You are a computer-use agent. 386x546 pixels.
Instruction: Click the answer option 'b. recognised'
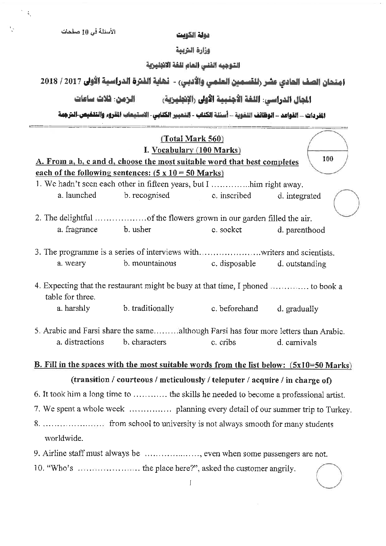pyautogui.click(x=147, y=196)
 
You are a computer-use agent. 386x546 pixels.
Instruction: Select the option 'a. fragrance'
pyautogui.click(x=77, y=229)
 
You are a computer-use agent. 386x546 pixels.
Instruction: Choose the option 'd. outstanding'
pyautogui.click(x=302, y=264)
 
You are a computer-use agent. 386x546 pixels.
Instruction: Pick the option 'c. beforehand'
pyautogui.click(x=234, y=308)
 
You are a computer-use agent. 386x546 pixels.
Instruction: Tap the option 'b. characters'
pyautogui.click(x=144, y=342)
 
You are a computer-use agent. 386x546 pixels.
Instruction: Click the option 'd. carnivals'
pyautogui.click(x=297, y=342)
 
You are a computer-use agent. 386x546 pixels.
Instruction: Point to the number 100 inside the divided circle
pyautogui.click(x=328, y=159)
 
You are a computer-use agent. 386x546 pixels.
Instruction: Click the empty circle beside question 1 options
pyautogui.click(x=346, y=203)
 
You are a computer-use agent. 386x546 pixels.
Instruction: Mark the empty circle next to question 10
pyautogui.click(x=329, y=476)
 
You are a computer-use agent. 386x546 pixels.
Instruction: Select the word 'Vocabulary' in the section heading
pyautogui.click(x=172, y=150)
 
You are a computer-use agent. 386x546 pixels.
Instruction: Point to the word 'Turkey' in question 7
pyautogui.click(x=340, y=409)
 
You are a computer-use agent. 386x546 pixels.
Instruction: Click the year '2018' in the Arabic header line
pyautogui.click(x=48, y=81)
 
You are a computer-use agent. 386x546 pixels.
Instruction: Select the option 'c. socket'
pyautogui.click(x=226, y=230)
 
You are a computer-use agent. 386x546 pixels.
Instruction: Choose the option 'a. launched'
pyautogui.click(x=77, y=195)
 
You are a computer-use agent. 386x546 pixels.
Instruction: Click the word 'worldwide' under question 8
pyautogui.click(x=63, y=439)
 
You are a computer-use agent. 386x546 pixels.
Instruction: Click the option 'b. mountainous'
pyautogui.click(x=150, y=263)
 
